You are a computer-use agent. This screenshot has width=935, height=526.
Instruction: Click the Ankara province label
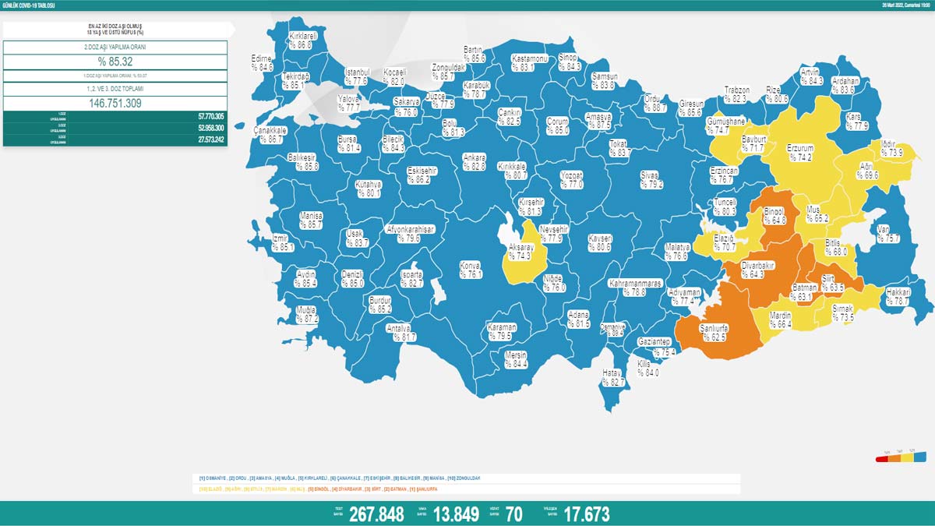tap(474, 161)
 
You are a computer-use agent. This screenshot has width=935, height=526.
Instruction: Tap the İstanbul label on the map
tap(356, 76)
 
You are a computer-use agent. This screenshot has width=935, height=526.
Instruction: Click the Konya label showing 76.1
tap(470, 269)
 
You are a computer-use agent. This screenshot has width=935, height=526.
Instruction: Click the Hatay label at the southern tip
tap(614, 378)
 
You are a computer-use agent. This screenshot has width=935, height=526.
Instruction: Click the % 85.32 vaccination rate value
tap(115, 62)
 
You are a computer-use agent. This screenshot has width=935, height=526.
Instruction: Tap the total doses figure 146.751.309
tap(115, 103)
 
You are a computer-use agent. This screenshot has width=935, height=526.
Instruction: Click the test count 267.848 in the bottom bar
tap(376, 514)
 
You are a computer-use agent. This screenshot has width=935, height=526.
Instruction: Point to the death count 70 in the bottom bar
tap(513, 514)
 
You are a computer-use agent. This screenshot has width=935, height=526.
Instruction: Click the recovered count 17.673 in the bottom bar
tap(586, 514)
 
